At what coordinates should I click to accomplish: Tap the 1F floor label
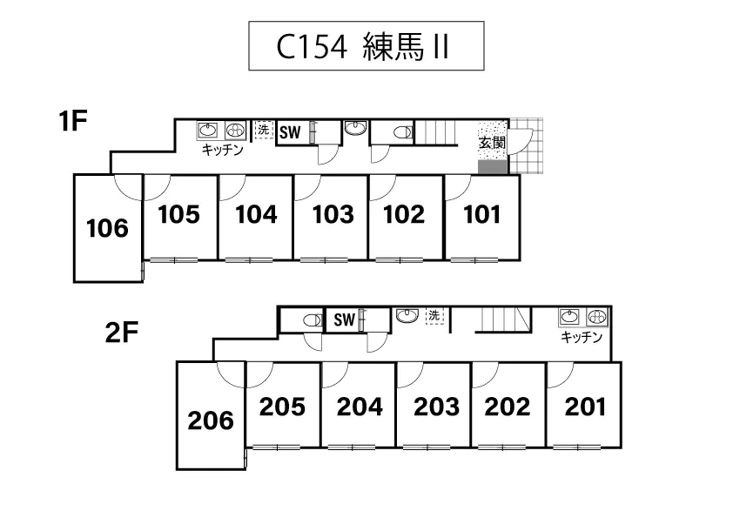[x=74, y=122]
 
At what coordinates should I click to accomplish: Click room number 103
[x=333, y=214]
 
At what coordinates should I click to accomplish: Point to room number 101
[x=482, y=214]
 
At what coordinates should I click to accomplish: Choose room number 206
[x=211, y=420]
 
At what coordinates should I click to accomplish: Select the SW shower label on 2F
[x=344, y=320]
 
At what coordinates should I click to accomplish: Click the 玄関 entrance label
[x=491, y=143]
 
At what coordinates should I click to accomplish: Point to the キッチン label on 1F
[x=222, y=150]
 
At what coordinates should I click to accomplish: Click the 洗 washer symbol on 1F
[x=263, y=130]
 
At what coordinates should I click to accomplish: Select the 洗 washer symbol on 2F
[x=434, y=316]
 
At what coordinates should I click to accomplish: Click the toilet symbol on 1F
[x=401, y=132]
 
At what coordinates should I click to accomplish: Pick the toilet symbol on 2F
[x=312, y=320]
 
